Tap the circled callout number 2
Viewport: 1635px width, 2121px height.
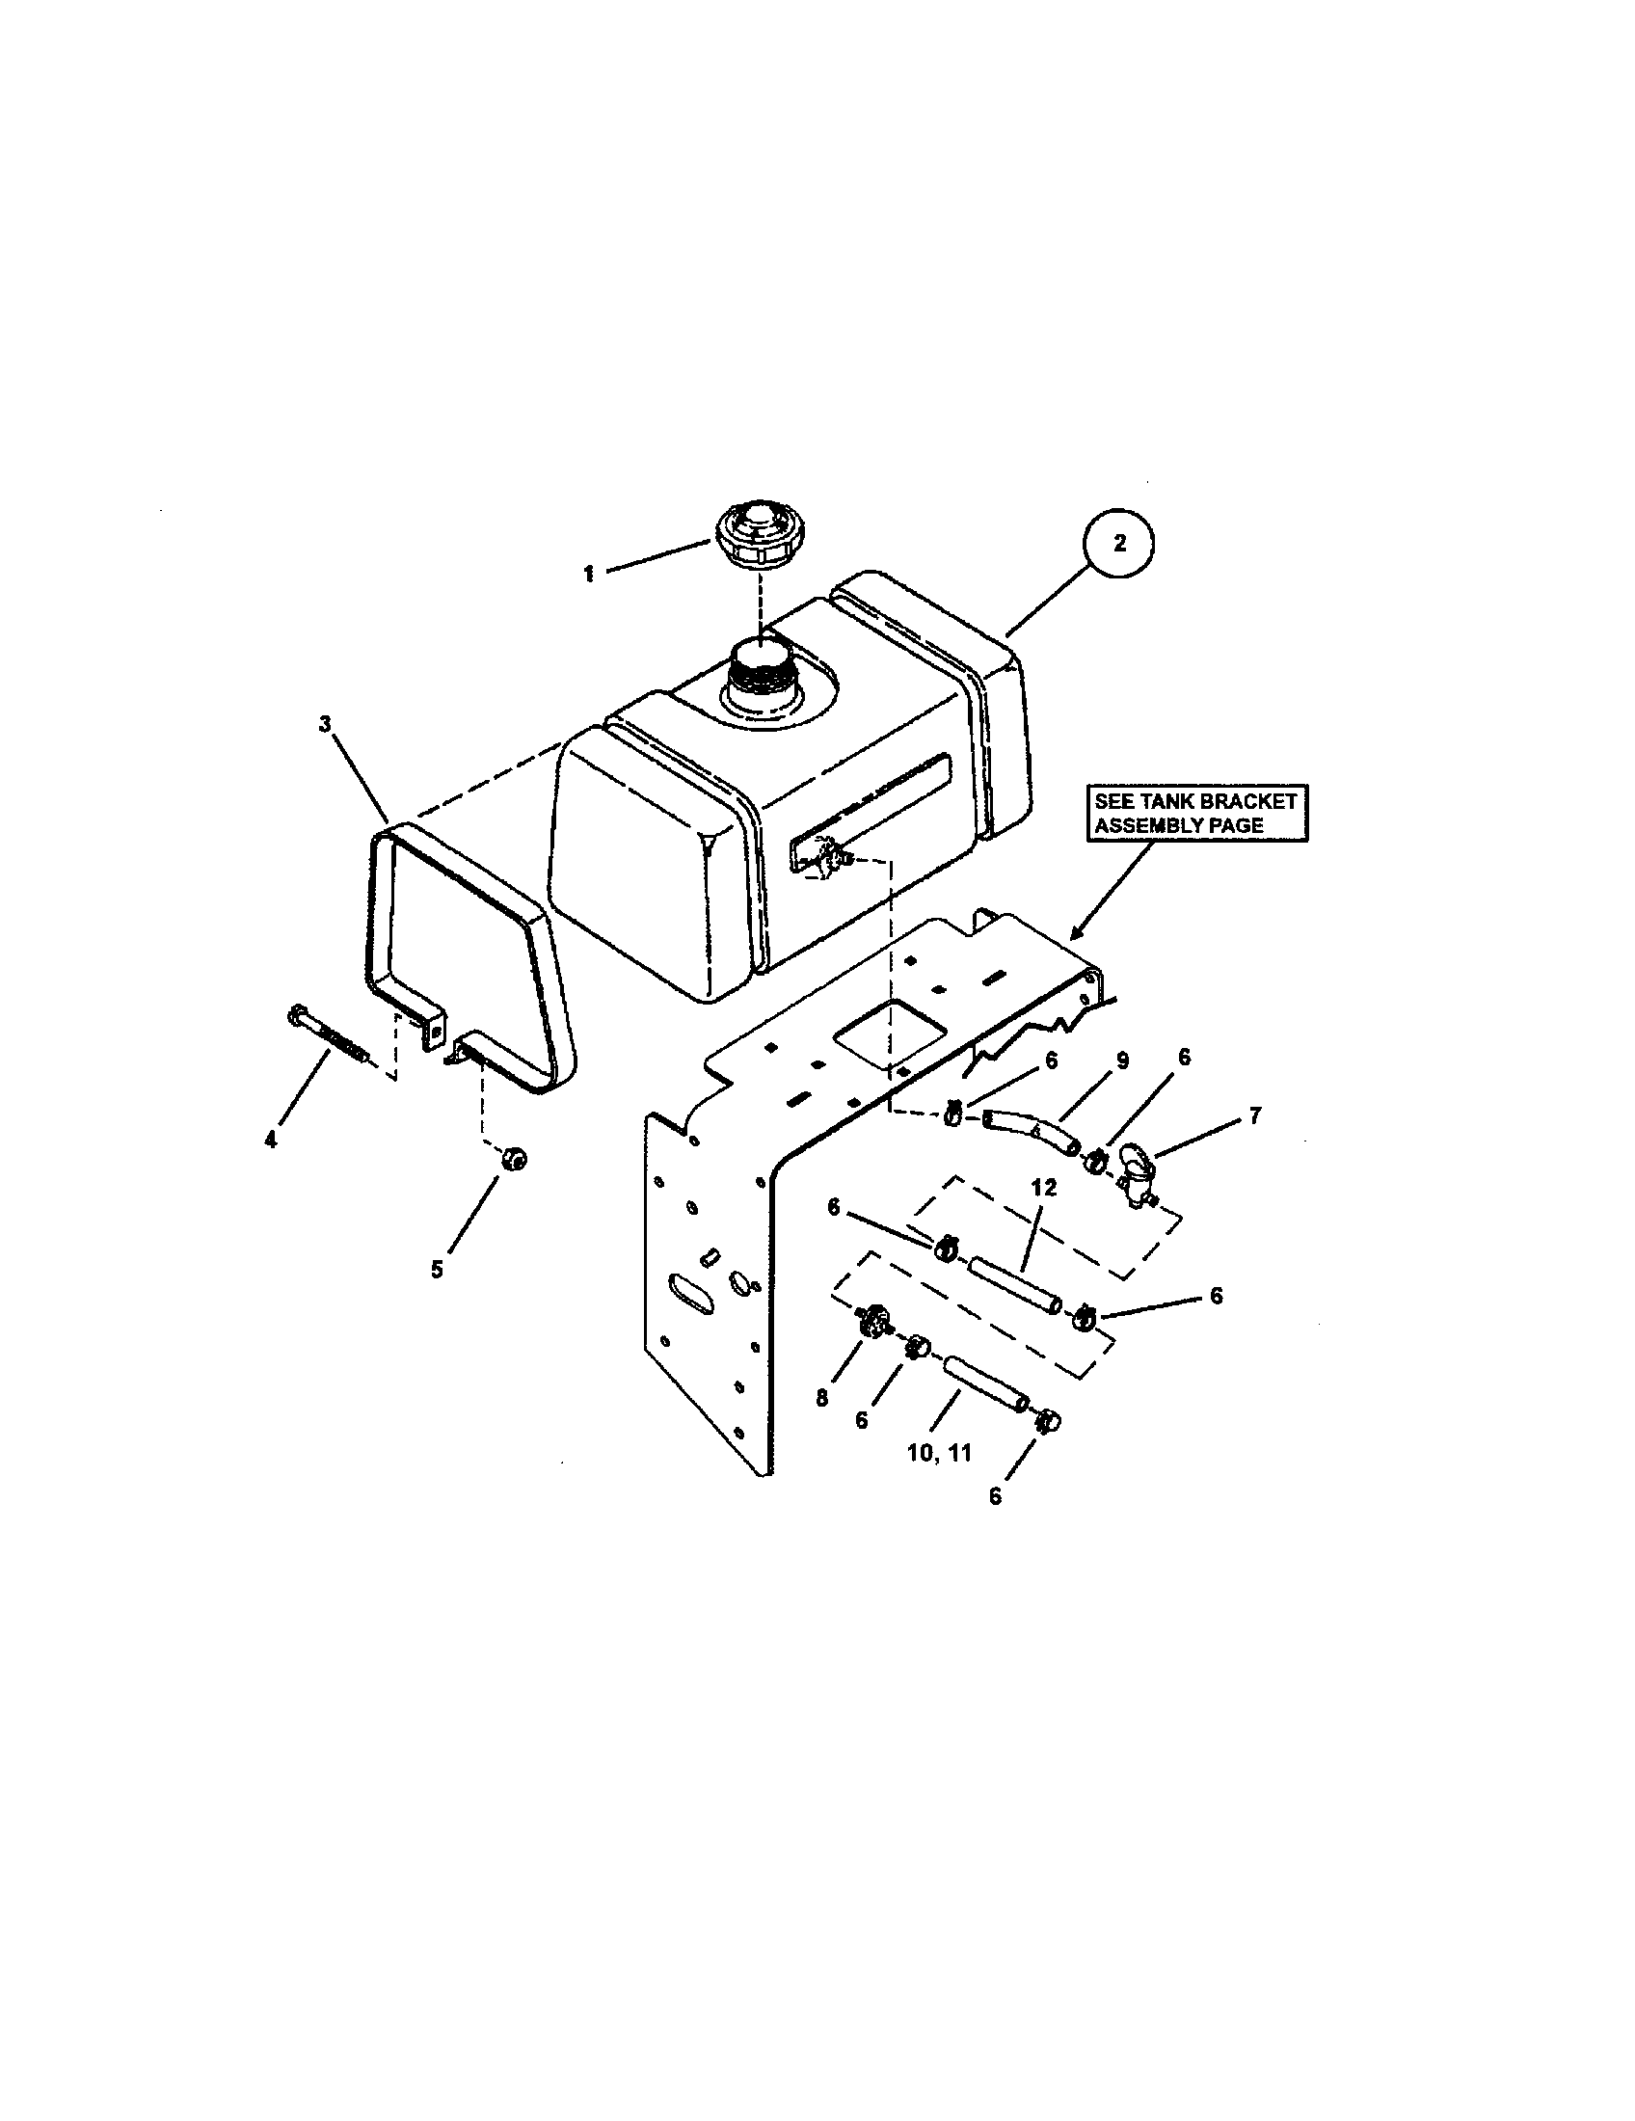point(1119,544)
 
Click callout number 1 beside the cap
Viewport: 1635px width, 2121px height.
point(588,574)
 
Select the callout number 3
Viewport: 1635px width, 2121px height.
point(325,723)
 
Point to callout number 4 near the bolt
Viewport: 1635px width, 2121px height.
point(271,1141)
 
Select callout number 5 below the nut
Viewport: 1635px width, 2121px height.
point(437,1269)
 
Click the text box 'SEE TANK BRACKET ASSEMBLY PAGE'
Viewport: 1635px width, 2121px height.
point(1195,814)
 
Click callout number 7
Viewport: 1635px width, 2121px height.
point(1254,1116)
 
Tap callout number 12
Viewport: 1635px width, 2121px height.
point(1045,1189)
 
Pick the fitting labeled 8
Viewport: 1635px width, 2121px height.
point(872,1323)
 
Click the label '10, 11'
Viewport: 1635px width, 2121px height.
point(939,1452)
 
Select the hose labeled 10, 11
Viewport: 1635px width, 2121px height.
point(984,1383)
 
